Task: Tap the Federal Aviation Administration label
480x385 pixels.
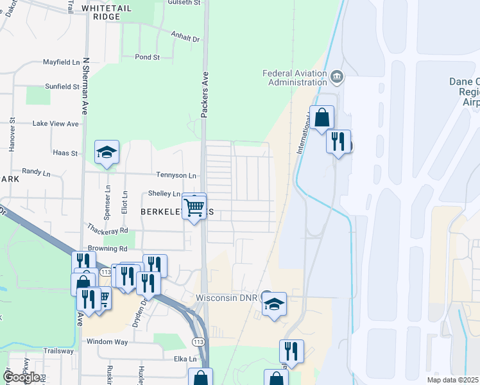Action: [x=295, y=78]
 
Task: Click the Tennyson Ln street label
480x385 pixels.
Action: [x=176, y=175]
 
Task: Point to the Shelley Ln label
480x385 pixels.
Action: [x=164, y=194]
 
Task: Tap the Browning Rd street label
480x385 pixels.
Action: [x=109, y=248]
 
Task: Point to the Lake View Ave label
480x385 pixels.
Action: [x=55, y=123]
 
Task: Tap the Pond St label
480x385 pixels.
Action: [x=148, y=57]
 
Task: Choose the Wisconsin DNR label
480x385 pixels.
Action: [x=226, y=298]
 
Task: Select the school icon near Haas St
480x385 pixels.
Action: [x=107, y=152]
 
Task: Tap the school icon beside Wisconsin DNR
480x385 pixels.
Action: [x=274, y=304]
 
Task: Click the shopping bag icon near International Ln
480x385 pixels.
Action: [x=323, y=118]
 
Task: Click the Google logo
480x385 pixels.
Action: [x=21, y=377]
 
